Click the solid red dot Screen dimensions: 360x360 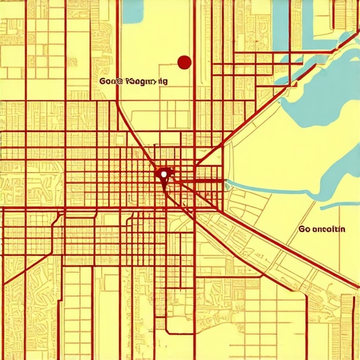(x=184, y=63)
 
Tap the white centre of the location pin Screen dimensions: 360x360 (x=163, y=172)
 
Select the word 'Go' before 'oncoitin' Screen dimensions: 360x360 (x=304, y=229)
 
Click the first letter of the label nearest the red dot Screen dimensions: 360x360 (x=103, y=81)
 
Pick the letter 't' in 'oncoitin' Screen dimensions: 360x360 (x=333, y=229)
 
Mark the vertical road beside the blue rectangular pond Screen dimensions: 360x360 (x=118, y=42)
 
